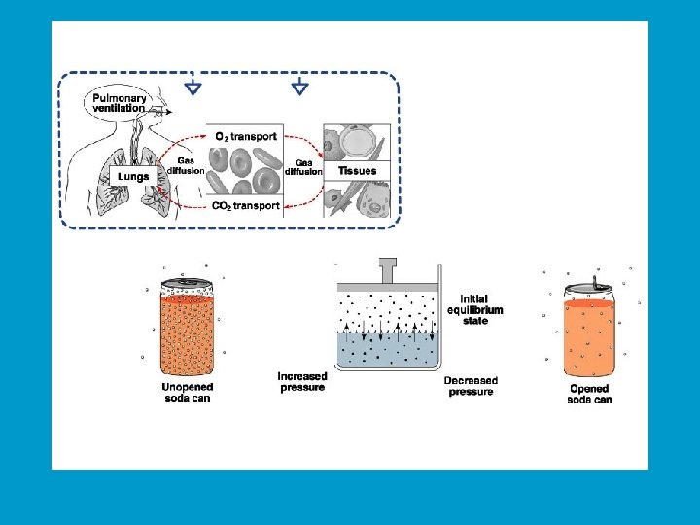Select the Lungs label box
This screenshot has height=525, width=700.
coord(132,176)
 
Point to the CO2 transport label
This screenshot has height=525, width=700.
coord(245,205)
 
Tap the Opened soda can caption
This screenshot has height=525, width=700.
coord(590,394)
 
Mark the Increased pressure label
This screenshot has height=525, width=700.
coord(302,382)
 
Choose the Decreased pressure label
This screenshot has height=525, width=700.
coord(471,386)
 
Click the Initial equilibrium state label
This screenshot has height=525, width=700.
coord(475,309)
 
